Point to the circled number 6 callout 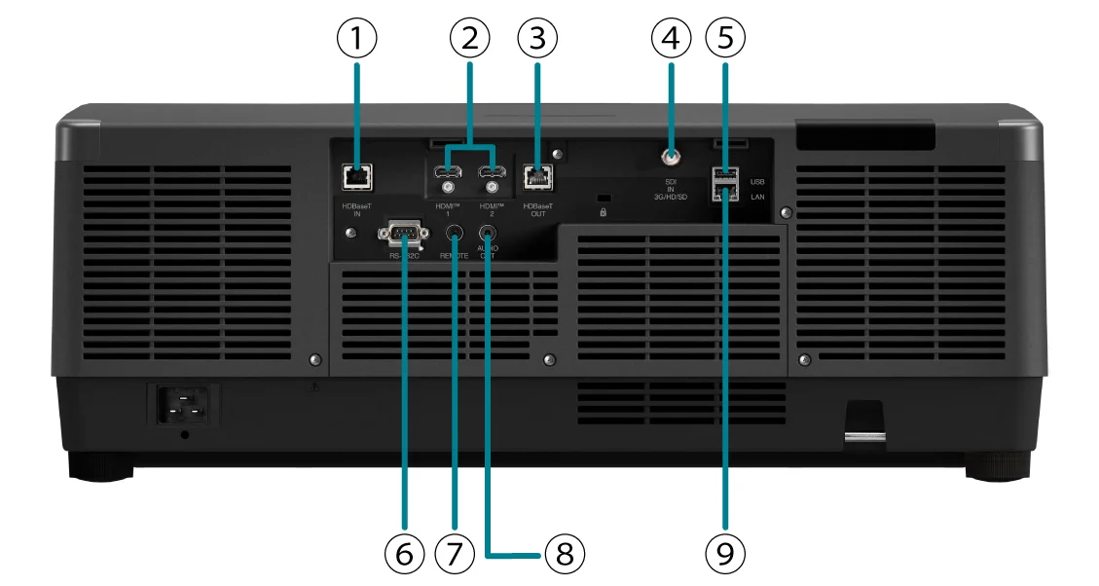click(x=404, y=553)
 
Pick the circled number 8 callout click(x=565, y=553)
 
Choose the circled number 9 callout click(x=725, y=553)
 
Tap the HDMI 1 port click(x=449, y=172)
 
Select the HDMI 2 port click(x=491, y=172)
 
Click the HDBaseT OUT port click(x=536, y=175)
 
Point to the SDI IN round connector click(x=670, y=155)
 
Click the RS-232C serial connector click(x=403, y=233)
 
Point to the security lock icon click(x=604, y=211)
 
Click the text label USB click(x=759, y=180)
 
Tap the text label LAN click(x=759, y=197)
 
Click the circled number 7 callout click(x=454, y=553)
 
